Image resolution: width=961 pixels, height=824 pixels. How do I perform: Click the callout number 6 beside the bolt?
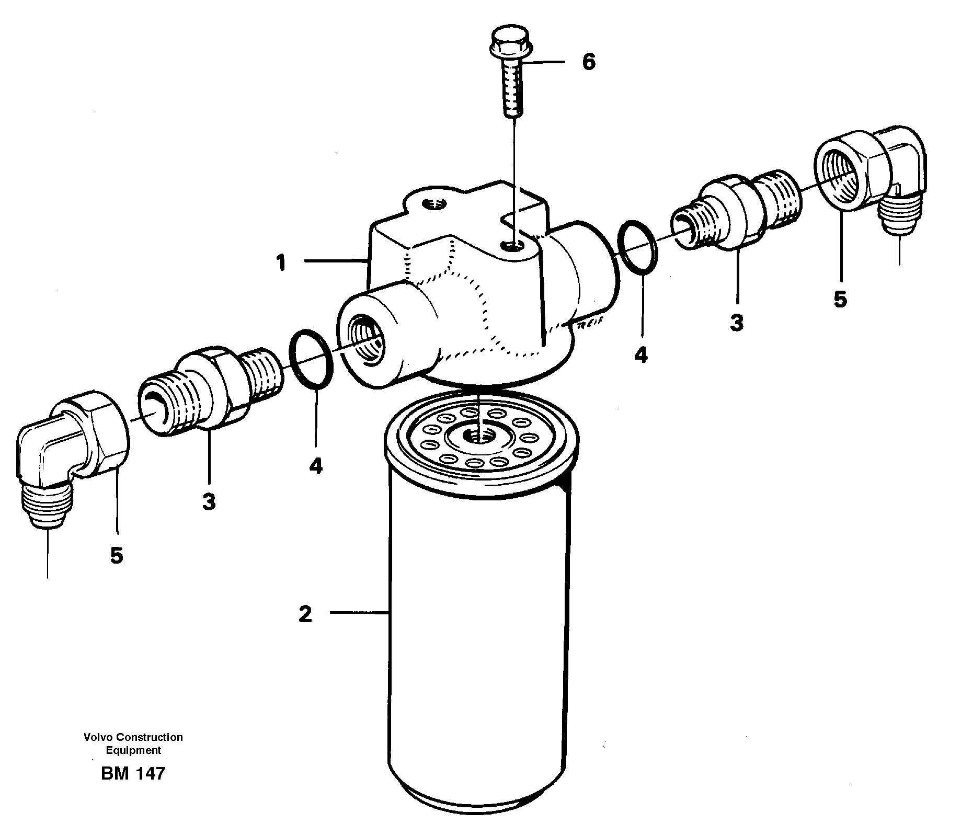tap(588, 62)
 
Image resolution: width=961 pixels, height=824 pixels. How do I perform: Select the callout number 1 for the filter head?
tap(281, 263)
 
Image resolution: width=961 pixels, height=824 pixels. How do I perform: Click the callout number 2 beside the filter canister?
tap(305, 614)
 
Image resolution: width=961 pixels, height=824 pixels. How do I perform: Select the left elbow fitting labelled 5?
tap(68, 444)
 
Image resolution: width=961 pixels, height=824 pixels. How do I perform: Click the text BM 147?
tap(133, 773)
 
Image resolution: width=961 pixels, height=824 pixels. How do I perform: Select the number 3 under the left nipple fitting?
tap(209, 502)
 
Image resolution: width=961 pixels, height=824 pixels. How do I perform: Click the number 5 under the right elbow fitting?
tap(840, 300)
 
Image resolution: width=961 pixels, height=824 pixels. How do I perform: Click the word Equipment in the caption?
tap(133, 750)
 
